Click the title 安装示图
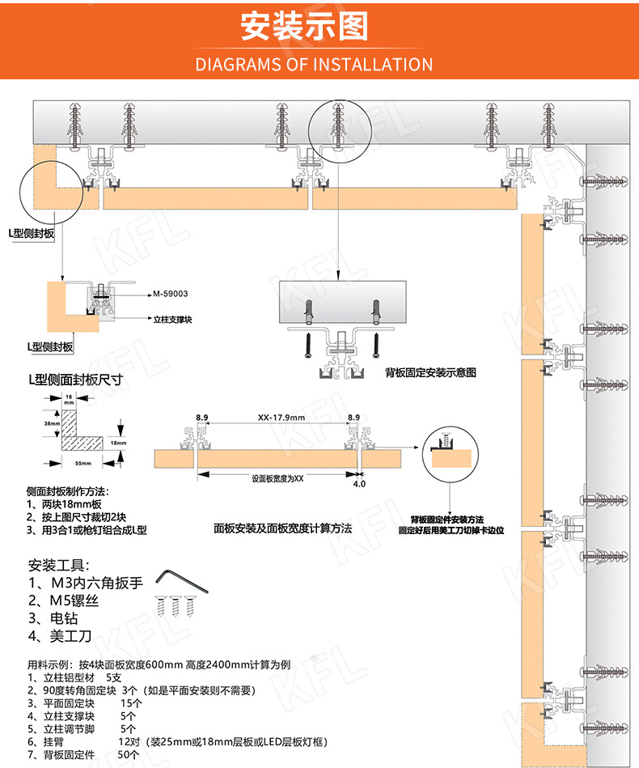[305, 26]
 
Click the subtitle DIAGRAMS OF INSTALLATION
[314, 65]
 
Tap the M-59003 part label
[171, 294]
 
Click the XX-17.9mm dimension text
[281, 418]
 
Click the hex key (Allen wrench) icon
[180, 579]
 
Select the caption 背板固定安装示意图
[430, 373]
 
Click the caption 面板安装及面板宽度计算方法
[282, 528]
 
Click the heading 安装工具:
[59, 565]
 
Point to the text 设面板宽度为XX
[277, 478]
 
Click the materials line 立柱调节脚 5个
[81, 727]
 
